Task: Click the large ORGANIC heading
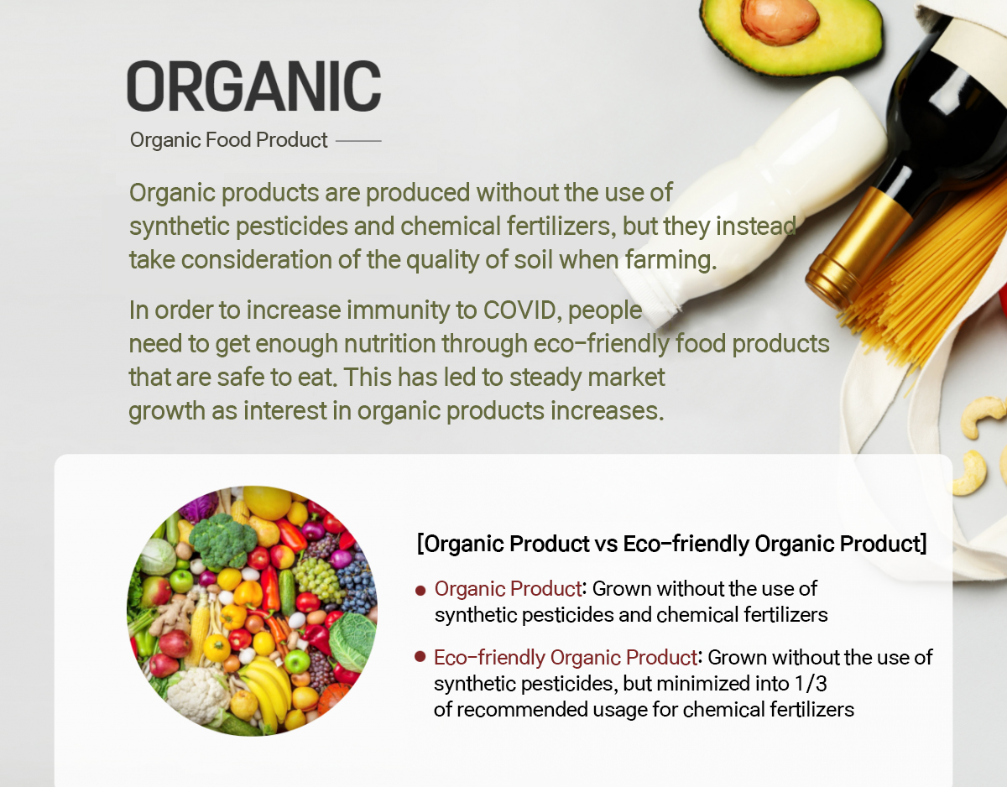[x=254, y=86]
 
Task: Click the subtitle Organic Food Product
[x=228, y=140]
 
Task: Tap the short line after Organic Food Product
[x=358, y=140]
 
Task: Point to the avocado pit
[x=780, y=20]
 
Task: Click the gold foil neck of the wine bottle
[x=858, y=246]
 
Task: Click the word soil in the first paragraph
[x=534, y=259]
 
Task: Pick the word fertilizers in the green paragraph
[x=561, y=227]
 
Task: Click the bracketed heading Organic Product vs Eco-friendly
[x=671, y=544]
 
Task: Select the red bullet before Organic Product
[x=420, y=591]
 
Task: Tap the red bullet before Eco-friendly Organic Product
[x=420, y=657]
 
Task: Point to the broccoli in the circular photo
[x=223, y=540]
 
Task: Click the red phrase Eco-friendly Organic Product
[x=566, y=658]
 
